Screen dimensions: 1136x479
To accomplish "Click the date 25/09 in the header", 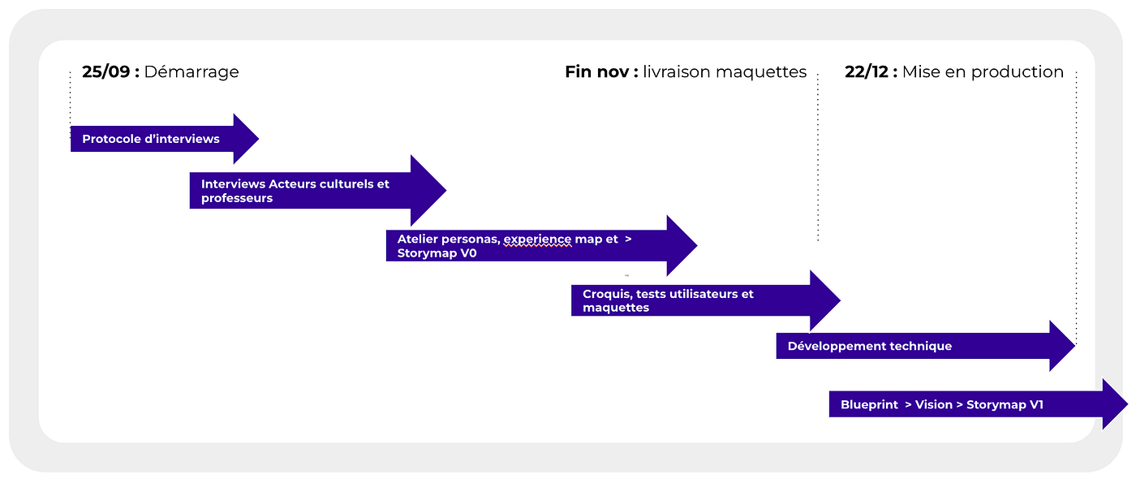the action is tap(106, 71).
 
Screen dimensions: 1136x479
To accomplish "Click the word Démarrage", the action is tap(191, 72).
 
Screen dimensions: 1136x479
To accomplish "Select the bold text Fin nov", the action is tap(597, 71).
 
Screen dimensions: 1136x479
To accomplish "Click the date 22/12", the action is tap(867, 71).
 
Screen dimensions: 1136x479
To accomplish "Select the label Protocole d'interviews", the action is tap(151, 139).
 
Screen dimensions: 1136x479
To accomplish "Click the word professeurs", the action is tap(237, 198).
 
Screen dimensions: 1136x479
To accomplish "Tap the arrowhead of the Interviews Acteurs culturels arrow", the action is tap(428, 190).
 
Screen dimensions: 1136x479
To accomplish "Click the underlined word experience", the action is tap(537, 239).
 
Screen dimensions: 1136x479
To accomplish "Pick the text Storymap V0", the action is tap(437, 253).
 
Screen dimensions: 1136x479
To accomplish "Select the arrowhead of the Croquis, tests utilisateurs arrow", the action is tap(825, 301).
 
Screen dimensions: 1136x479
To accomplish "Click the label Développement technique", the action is tap(870, 346).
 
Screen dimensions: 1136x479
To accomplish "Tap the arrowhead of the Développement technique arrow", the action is tap(1062, 346).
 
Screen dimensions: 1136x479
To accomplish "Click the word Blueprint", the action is tap(869, 405).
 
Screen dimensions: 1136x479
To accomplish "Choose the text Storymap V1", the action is tap(1005, 405).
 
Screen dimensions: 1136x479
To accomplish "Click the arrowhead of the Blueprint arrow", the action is tap(1115, 404).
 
